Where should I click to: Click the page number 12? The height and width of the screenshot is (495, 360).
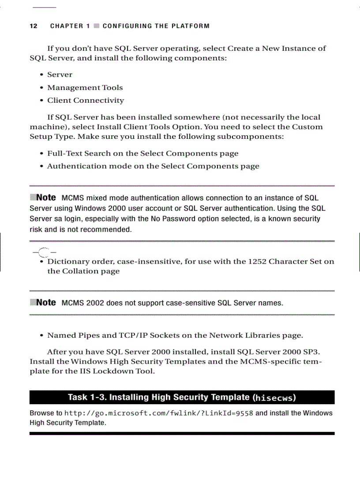(33, 26)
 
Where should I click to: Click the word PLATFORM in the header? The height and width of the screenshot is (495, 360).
(191, 26)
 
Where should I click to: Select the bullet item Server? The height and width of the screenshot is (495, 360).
(60, 75)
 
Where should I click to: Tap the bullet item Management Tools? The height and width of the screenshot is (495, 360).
(85, 88)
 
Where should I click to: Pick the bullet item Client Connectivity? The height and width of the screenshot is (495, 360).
(86, 100)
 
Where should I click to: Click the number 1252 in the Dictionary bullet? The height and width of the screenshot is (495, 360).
(257, 261)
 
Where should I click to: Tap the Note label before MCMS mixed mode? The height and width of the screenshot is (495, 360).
(46, 197)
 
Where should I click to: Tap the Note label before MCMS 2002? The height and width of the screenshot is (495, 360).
(46, 302)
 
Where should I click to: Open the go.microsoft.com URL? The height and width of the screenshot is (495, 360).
(159, 413)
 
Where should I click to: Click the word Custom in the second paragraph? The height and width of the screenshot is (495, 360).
(308, 127)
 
